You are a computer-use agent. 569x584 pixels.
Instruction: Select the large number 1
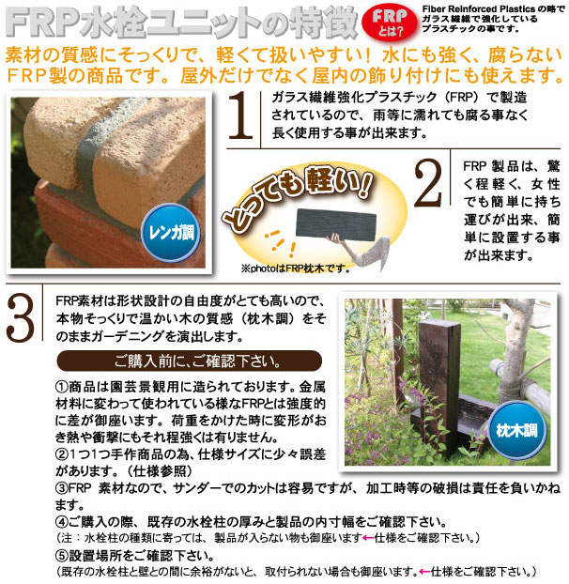pos(242,118)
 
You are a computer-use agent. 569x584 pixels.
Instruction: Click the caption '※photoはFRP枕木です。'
pos(293,268)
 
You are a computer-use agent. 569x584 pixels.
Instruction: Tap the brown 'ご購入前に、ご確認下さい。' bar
pos(177,361)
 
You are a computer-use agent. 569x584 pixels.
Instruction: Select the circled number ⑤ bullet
pos(62,555)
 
